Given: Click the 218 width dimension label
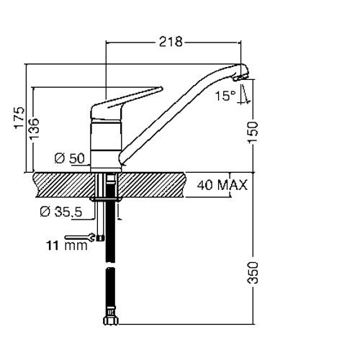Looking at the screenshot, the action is pos(171,42).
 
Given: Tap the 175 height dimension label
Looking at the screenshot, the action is pos(19,118).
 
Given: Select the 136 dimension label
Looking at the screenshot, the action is pos(34,128).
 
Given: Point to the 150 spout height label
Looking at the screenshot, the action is pos(253,132).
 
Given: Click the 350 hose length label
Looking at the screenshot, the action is pos(253,273).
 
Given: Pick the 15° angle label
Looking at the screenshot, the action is pos(222,96).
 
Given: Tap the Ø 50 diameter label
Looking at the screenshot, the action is pos(70,158).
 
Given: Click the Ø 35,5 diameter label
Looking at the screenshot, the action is pos(61,212).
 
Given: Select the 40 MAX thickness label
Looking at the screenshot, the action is pos(222,185).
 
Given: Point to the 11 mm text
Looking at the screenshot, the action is pos(67,246).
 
